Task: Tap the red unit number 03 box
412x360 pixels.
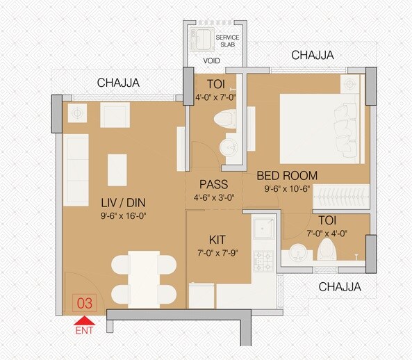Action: pos(84,303)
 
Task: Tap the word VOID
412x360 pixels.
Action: pos(211,60)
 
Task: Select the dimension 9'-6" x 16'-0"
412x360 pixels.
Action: pos(124,215)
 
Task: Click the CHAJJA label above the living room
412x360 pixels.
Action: pos(118,83)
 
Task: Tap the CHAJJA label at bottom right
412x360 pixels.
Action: pos(340,286)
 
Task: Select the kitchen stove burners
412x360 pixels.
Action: pos(265,261)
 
